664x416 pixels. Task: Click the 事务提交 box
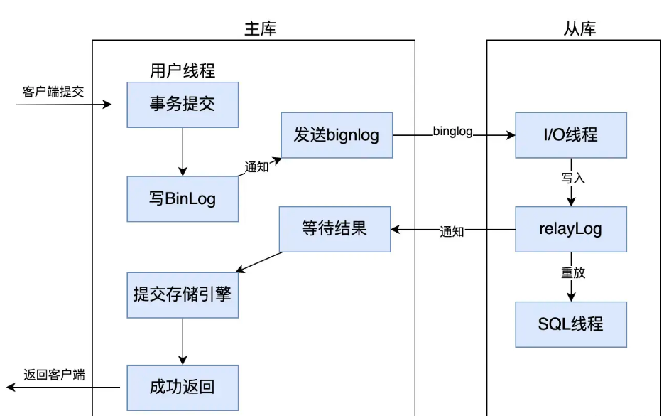(x=183, y=105)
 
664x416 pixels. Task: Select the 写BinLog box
(x=183, y=199)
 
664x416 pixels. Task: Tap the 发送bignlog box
(x=337, y=135)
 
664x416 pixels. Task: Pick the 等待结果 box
(x=334, y=229)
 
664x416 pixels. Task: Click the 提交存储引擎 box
(x=183, y=294)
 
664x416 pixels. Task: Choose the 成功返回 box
(x=183, y=388)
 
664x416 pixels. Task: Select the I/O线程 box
(x=571, y=134)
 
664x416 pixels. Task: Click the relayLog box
(x=571, y=229)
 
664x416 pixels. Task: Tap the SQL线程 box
(x=571, y=324)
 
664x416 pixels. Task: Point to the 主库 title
(x=260, y=29)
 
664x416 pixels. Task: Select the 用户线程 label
(x=183, y=71)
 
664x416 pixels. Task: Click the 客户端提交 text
(x=53, y=92)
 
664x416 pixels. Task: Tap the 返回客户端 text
(x=54, y=375)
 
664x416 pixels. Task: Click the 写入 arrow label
(x=573, y=178)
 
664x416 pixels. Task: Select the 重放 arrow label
(x=573, y=273)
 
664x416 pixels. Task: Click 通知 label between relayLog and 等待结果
(x=452, y=232)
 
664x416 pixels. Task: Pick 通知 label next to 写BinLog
(x=257, y=169)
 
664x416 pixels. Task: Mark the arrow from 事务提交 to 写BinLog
(x=183, y=152)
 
